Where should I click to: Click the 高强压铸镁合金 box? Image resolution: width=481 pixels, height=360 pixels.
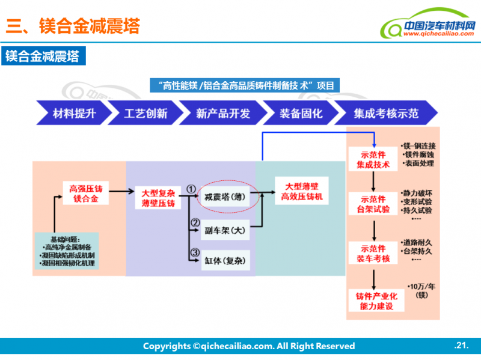(85, 193)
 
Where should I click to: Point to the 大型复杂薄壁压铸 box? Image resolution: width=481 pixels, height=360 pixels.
(158, 198)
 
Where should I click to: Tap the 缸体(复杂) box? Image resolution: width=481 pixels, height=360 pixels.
(225, 260)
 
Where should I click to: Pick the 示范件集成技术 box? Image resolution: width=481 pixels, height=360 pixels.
(373, 159)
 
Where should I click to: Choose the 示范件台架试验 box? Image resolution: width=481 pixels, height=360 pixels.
(373, 204)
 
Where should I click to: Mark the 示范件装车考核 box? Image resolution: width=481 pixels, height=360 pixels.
(373, 253)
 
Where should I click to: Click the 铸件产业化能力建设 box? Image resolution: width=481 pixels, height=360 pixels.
(373, 301)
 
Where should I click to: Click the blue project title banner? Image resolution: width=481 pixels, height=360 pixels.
(245, 85)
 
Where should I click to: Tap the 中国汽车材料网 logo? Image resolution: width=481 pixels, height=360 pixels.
(429, 28)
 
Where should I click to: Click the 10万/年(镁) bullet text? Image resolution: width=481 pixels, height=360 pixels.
(419, 290)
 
